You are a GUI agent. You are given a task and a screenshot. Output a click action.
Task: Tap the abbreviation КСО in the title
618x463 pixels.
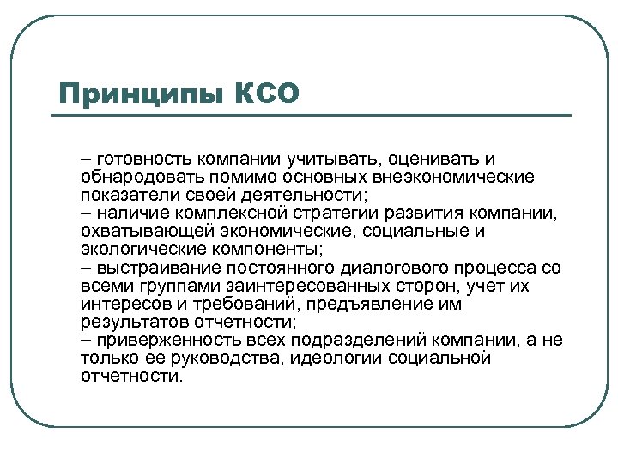point(267,93)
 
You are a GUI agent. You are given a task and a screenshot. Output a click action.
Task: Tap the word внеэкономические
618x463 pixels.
point(465,177)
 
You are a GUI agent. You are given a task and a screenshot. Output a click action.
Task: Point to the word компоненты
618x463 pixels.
point(265,250)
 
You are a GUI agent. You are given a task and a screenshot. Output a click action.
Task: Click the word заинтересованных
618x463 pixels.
point(294,286)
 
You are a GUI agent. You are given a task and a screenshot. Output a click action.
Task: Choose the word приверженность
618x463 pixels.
point(164,340)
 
